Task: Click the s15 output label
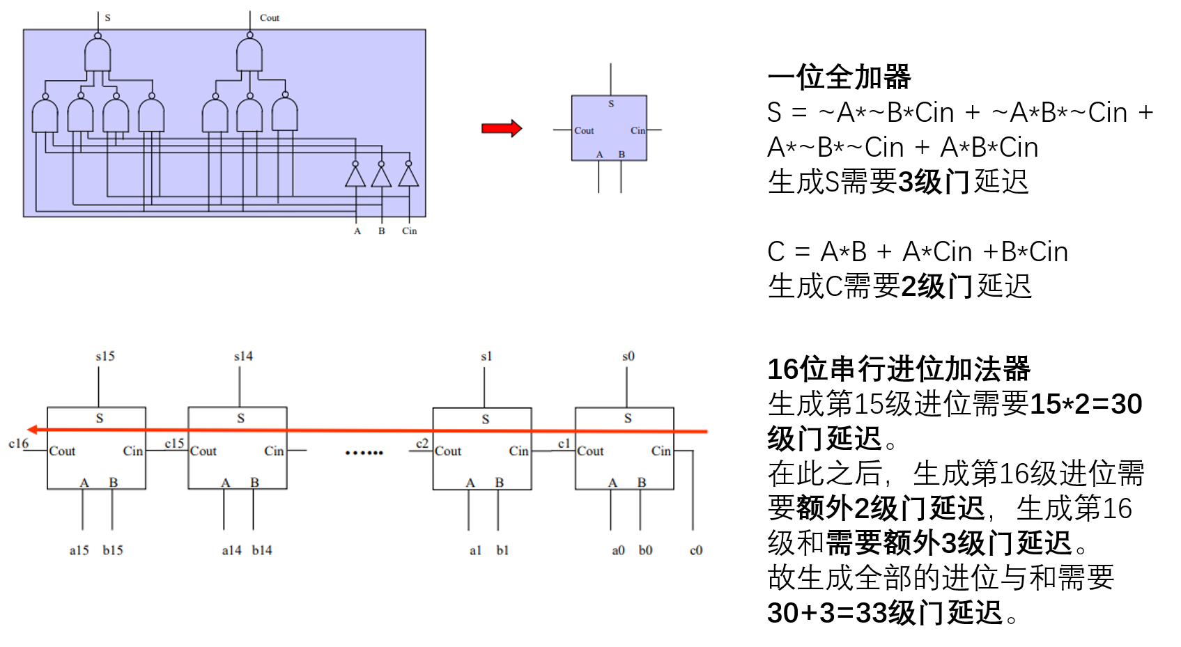click(x=105, y=356)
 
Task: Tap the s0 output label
click(x=628, y=356)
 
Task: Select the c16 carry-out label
click(x=19, y=444)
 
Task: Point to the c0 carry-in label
click(x=696, y=550)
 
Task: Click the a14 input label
click(x=231, y=550)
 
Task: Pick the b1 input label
click(x=502, y=550)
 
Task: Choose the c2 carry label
click(x=422, y=444)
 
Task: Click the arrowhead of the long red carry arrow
click(x=32, y=430)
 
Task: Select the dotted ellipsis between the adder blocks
click(x=364, y=453)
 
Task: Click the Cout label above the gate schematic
click(x=269, y=18)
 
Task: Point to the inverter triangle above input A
click(x=355, y=177)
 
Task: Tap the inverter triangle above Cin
click(x=409, y=177)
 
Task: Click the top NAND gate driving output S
click(x=98, y=55)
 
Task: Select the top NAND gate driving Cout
click(x=249, y=55)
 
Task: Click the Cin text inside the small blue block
click(x=638, y=130)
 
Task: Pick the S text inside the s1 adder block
click(x=486, y=419)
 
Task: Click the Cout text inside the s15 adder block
click(x=62, y=451)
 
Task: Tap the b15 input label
click(x=113, y=550)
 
